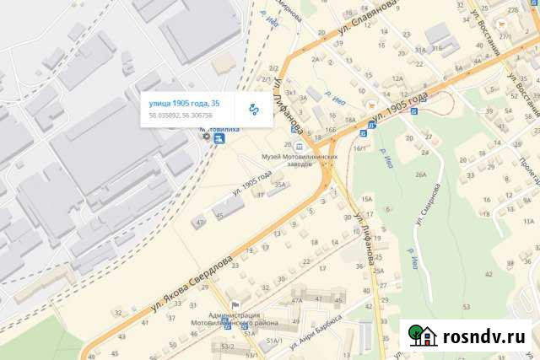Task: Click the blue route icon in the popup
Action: (x=254, y=109)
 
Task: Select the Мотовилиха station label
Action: (x=219, y=129)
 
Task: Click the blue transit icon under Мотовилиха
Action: (x=219, y=139)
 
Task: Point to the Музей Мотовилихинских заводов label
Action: (x=300, y=159)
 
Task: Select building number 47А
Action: (x=296, y=299)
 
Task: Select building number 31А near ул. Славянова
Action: (x=420, y=50)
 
